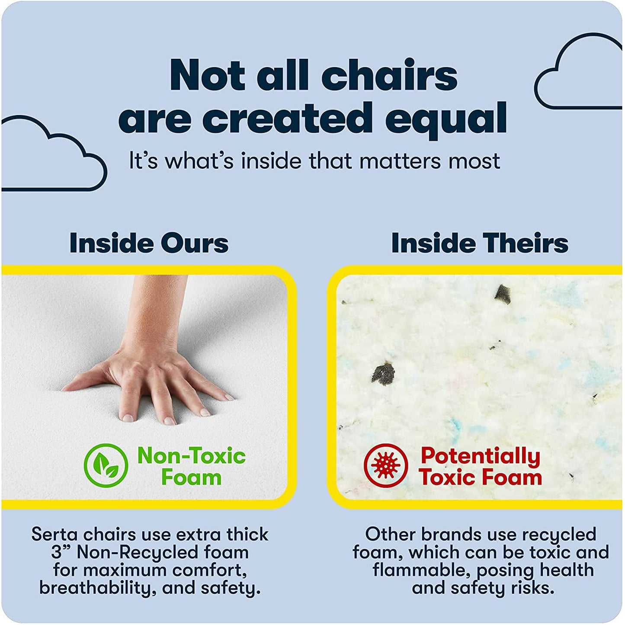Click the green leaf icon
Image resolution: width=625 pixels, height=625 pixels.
(x=106, y=465)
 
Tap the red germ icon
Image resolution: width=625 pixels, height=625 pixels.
(x=385, y=465)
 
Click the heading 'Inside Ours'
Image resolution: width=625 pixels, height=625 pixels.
(x=149, y=243)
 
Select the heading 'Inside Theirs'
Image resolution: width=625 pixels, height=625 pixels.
(x=480, y=243)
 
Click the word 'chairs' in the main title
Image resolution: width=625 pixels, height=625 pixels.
(x=389, y=76)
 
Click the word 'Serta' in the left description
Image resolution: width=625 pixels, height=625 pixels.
(x=54, y=535)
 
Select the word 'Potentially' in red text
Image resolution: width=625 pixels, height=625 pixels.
(x=481, y=456)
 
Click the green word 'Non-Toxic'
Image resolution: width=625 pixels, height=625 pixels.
(x=192, y=456)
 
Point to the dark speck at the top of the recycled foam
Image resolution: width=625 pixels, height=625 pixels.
(x=503, y=295)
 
